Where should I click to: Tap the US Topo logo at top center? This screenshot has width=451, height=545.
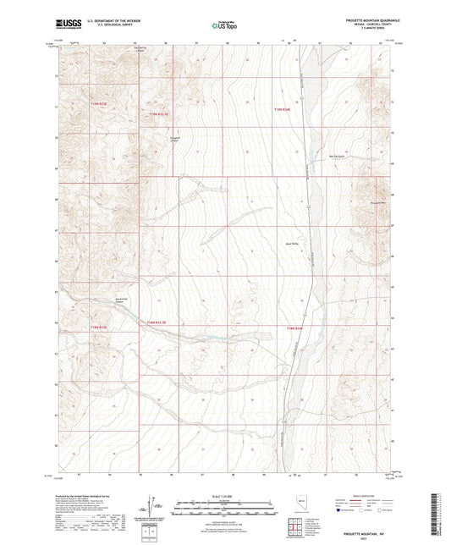(x=224, y=26)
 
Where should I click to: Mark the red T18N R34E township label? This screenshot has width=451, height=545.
(x=294, y=327)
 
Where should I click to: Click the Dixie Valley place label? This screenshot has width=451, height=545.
(x=289, y=246)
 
